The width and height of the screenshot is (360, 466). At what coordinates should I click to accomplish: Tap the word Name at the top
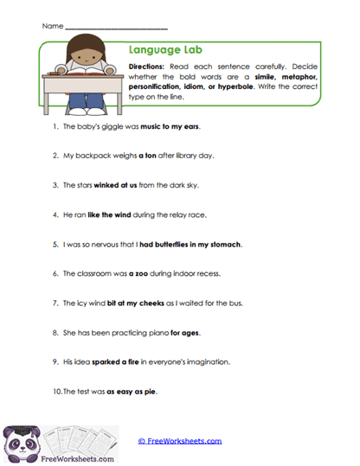[51, 27]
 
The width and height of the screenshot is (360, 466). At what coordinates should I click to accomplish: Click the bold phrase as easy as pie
[132, 393]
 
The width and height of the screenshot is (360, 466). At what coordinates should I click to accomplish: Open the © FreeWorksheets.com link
[180, 441]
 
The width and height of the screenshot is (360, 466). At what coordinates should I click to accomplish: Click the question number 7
[55, 303]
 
